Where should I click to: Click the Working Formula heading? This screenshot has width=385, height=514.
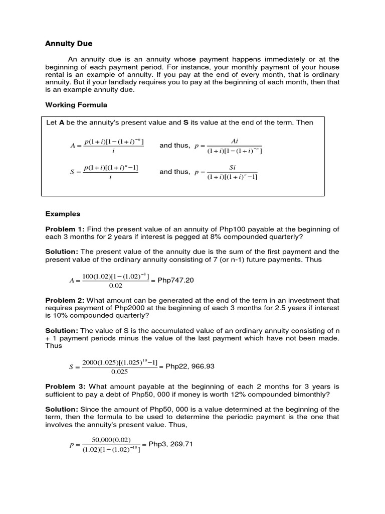[x=76, y=105]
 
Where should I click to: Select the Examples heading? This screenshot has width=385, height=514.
[x=63, y=214]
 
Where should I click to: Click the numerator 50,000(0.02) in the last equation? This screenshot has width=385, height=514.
[x=111, y=440]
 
